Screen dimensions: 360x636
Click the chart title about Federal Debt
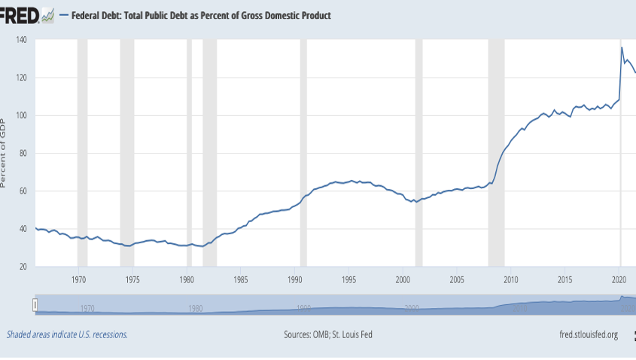point(200,15)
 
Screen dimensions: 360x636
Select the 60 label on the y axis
point(23,191)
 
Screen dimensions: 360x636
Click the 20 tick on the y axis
point(23,267)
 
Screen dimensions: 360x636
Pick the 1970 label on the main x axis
point(78,279)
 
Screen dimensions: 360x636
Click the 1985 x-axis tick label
point(240,279)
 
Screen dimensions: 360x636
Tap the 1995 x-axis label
point(348,279)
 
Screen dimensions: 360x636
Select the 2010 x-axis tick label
point(511,279)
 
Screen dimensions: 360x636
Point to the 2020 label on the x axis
point(619,279)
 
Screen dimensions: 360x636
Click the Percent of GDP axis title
point(5,153)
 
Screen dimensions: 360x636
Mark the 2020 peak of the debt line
point(622,48)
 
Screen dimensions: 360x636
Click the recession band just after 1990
point(303,151)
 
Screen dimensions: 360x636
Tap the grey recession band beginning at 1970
point(82,151)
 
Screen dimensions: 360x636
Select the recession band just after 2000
point(418,151)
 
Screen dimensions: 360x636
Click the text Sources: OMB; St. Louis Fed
point(327,334)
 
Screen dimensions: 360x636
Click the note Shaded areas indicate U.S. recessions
point(67,334)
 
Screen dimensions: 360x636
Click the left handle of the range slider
point(35,304)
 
